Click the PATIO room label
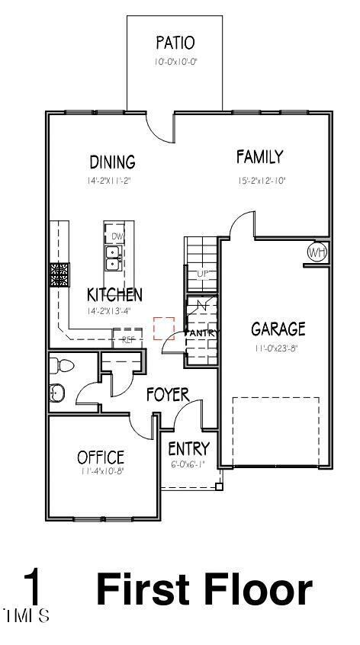(x=175, y=42)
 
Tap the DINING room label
(x=112, y=162)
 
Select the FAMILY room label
(x=259, y=157)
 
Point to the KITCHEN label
(x=114, y=294)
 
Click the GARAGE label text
(x=278, y=329)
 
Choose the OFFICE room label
(x=101, y=457)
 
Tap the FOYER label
(x=168, y=394)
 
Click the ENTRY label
(x=188, y=448)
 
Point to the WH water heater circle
(x=317, y=252)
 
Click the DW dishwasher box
(x=117, y=236)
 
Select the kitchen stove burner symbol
(x=59, y=274)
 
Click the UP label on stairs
(x=202, y=273)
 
